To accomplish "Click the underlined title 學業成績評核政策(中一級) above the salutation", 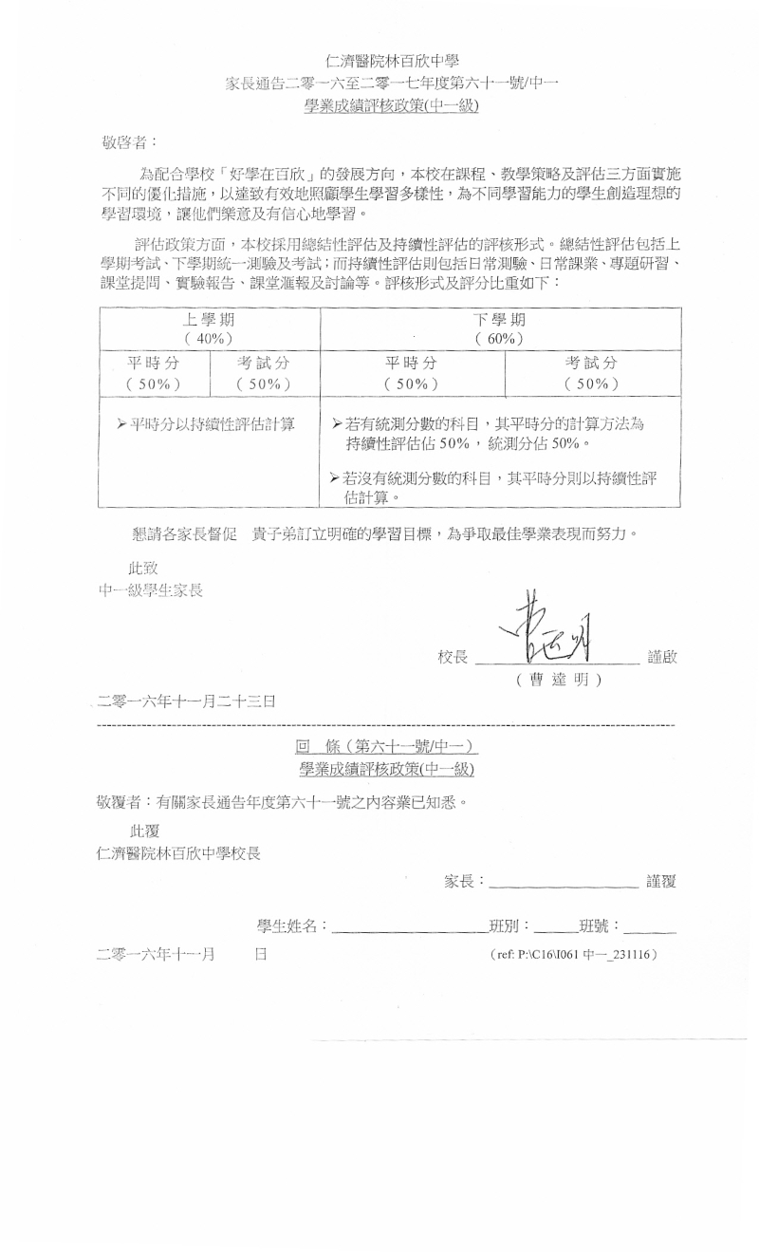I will (x=392, y=106).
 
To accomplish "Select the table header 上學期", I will (x=209, y=319).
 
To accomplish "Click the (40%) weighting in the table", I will (x=209, y=338).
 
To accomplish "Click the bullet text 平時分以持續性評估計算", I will (x=205, y=423).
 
